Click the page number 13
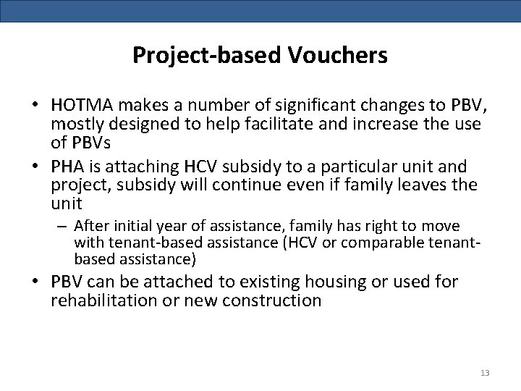(485, 373)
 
